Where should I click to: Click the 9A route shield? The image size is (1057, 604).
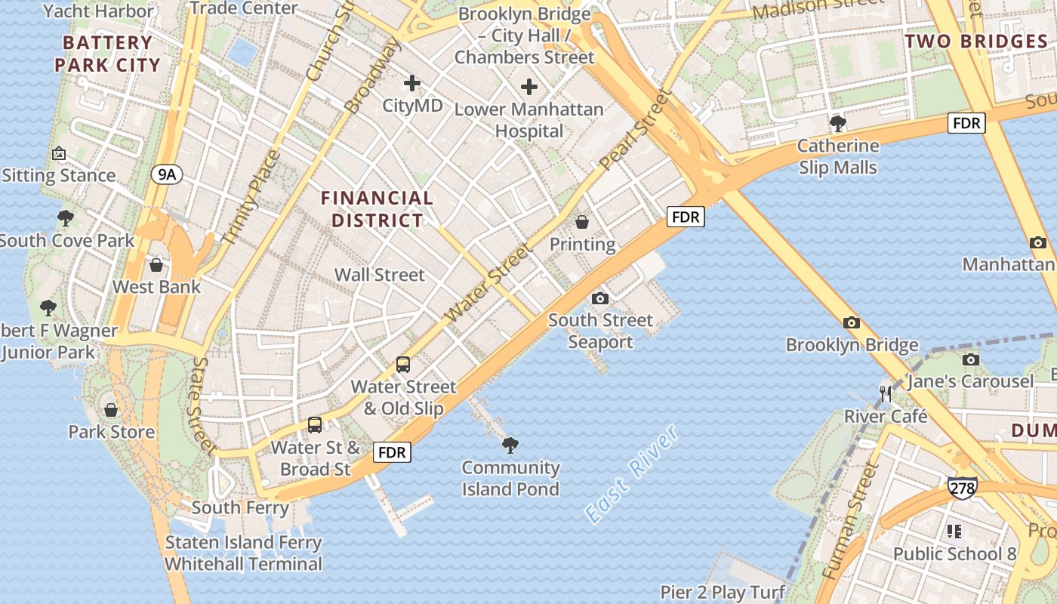166,175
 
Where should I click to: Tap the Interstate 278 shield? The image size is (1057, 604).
962,488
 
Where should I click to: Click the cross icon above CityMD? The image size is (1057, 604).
412,82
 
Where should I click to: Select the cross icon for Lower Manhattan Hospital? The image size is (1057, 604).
529,87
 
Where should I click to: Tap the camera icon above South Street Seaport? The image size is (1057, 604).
600,298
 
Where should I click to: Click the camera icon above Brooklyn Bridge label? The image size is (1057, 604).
852,323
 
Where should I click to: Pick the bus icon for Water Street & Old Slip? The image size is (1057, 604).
403,365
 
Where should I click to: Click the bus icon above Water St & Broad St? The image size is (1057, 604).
315,425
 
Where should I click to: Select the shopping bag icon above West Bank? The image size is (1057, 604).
156,265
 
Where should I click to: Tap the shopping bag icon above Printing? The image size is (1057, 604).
582,222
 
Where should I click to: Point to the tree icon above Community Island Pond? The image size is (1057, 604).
510,445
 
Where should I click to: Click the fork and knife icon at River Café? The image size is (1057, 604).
886,394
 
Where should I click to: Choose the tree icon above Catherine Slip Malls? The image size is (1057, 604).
837,124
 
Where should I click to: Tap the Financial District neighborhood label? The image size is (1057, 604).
377,209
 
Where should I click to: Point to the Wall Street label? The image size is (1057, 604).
380,274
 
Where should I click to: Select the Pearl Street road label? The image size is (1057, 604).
635,130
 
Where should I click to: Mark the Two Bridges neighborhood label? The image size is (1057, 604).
975,42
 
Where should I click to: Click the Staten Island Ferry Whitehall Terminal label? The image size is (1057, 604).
243,553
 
